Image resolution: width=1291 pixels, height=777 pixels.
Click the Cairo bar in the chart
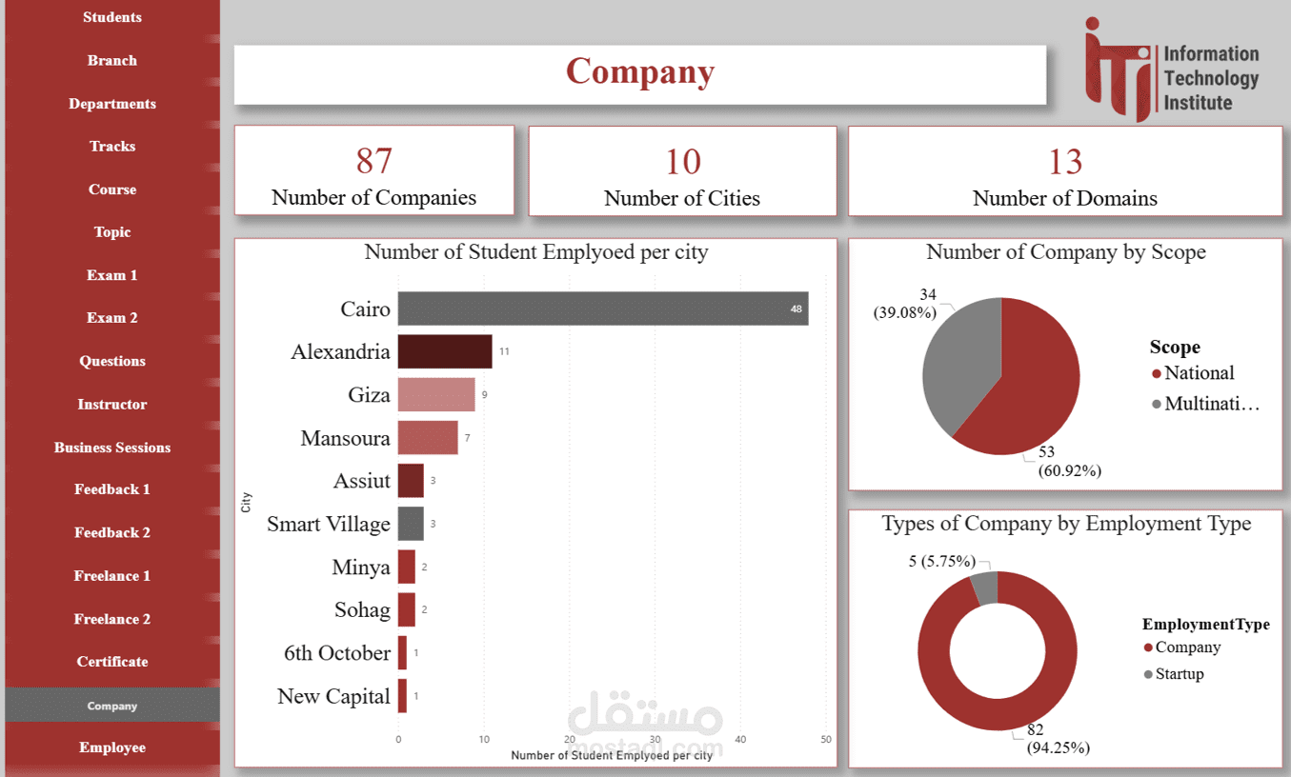(x=602, y=309)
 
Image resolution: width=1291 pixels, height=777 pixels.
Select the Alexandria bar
(x=445, y=351)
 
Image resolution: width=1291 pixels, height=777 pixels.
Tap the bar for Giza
(x=436, y=394)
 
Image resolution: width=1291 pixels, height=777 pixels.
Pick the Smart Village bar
(x=411, y=524)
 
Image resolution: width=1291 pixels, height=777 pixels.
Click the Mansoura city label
(x=345, y=438)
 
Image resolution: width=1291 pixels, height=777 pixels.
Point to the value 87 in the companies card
(x=374, y=161)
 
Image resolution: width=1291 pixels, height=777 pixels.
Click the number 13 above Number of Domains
(x=1065, y=162)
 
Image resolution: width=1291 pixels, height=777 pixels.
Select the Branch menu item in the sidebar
(x=112, y=60)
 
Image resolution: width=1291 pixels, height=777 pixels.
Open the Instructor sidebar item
(x=112, y=404)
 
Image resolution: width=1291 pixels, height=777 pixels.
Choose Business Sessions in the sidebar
(x=112, y=447)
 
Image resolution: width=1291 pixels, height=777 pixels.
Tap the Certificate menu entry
(x=112, y=661)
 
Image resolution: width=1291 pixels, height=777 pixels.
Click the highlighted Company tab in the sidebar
(x=112, y=706)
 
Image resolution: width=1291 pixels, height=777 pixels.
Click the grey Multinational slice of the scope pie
(x=958, y=362)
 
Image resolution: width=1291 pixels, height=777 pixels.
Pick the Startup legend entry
(x=1179, y=674)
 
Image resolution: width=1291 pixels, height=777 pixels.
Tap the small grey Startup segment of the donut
(x=984, y=588)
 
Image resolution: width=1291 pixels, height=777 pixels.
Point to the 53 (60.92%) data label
(x=1062, y=461)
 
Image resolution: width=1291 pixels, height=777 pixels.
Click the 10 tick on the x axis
(x=484, y=739)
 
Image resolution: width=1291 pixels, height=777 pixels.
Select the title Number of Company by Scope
(x=1065, y=252)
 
